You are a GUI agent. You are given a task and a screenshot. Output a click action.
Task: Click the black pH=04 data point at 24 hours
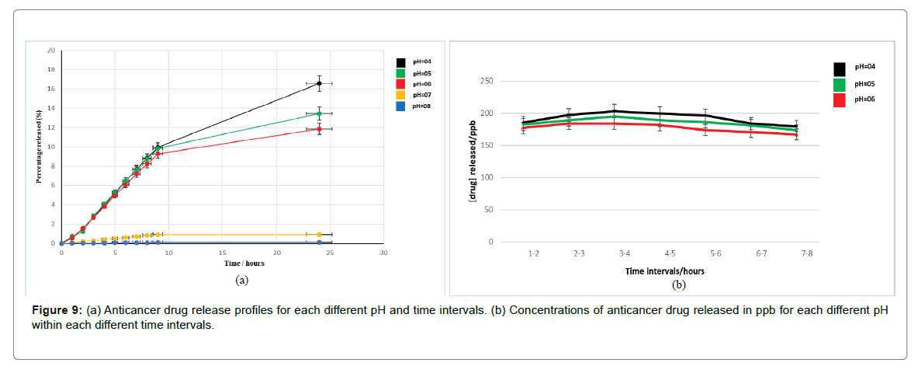pyautogui.click(x=319, y=83)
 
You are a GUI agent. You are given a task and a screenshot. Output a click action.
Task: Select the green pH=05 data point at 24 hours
pyautogui.click(x=319, y=113)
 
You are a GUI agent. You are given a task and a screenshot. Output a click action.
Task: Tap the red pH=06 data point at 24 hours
pyautogui.click(x=319, y=129)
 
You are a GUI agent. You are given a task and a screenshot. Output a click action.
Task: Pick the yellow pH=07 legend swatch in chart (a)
pyautogui.click(x=400, y=95)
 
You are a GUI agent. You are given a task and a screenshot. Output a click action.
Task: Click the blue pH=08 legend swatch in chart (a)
pyautogui.click(x=400, y=106)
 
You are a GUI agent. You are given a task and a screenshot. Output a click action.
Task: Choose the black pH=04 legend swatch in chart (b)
pyautogui.click(x=840, y=68)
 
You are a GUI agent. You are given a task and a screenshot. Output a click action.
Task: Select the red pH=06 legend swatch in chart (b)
pyautogui.click(x=840, y=99)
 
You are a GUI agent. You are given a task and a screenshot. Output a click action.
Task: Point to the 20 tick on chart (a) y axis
pyautogui.click(x=51, y=51)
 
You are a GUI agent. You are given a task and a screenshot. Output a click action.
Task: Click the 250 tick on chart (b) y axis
pyautogui.click(x=487, y=81)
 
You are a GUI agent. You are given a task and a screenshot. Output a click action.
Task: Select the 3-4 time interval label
pyautogui.click(x=624, y=253)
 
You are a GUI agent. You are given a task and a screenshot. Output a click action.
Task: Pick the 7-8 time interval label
pyautogui.click(x=808, y=253)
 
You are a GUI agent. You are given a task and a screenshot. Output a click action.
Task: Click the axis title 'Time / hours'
pyautogui.click(x=222, y=264)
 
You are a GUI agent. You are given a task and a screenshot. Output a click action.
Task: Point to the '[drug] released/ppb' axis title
pyautogui.click(x=473, y=162)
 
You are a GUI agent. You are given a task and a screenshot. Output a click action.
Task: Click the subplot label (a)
pyautogui.click(x=241, y=280)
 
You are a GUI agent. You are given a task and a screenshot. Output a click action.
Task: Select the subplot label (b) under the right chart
pyautogui.click(x=679, y=284)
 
